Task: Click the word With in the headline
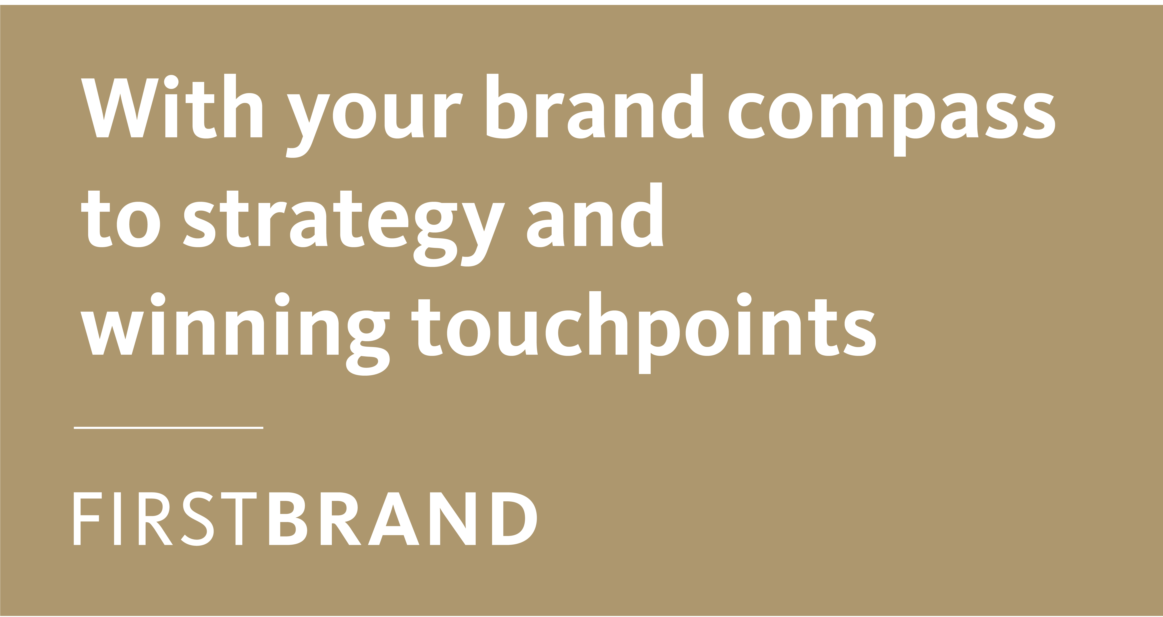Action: pos(172,106)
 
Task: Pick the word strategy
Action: pos(344,229)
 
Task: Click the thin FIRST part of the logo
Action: pos(165,519)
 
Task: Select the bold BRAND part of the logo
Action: pos(403,519)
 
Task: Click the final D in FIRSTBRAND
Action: pos(514,519)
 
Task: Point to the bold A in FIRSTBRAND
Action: pos(394,519)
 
